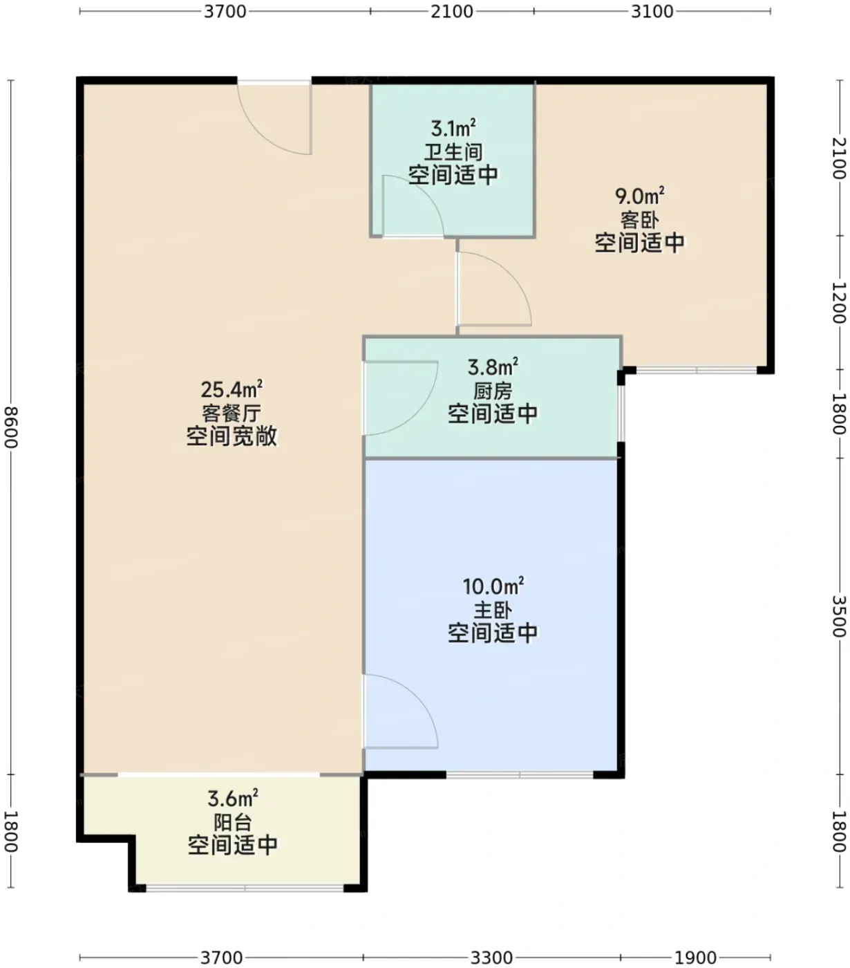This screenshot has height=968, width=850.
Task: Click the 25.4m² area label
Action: pos(232,389)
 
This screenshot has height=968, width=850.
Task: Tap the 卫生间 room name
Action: pos(453,152)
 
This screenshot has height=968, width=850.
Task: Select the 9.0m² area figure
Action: pos(639,196)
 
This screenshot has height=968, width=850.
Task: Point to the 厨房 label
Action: pos(493,391)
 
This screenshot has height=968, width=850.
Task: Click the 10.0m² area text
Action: pos(493,586)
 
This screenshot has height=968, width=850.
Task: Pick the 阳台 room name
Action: pos(233,822)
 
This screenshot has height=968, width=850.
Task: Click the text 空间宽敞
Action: pos(232,436)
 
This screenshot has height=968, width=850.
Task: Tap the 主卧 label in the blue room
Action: pos(493,610)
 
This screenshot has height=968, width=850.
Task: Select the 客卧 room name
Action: pos(639,220)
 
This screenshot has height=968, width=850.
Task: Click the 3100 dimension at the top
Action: pos(652,12)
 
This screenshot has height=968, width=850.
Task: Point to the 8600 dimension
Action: pos(10,427)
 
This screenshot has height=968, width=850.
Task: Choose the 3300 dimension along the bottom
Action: pos(491,957)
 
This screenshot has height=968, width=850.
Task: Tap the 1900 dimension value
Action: pos(695,957)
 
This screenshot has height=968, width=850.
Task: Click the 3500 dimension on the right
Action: pos(839,616)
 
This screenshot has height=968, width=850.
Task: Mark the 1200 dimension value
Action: pos(839,302)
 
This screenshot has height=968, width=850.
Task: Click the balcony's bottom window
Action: pos(245,888)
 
